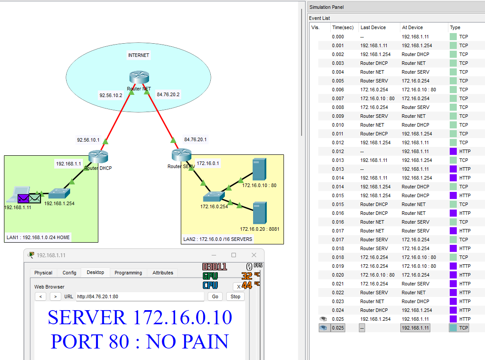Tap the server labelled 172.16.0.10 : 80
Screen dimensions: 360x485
point(256,169)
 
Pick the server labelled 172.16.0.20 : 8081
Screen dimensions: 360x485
point(260,213)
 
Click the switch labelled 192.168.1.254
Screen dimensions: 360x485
point(59,193)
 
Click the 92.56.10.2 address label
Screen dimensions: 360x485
point(111,95)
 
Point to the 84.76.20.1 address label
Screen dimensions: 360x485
point(195,139)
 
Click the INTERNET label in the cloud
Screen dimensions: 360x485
point(138,56)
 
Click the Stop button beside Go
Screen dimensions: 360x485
point(235,296)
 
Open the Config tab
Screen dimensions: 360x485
point(69,273)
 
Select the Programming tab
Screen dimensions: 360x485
point(128,273)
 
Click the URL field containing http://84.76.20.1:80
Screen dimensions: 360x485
point(140,296)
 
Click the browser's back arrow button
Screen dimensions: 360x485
point(40,296)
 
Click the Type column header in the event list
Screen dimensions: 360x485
point(455,27)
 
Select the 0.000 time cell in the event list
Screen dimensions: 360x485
point(338,37)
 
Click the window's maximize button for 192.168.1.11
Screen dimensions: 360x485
point(234,255)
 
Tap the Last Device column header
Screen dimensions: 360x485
point(373,27)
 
